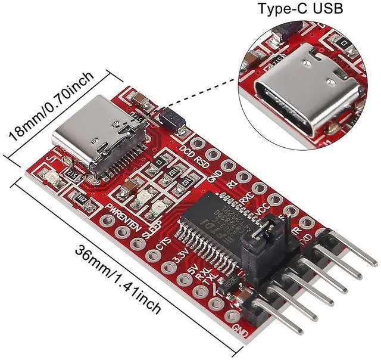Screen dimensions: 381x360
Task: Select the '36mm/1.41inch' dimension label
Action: click(x=117, y=280)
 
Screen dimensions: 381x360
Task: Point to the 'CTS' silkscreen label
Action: click(x=163, y=244)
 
